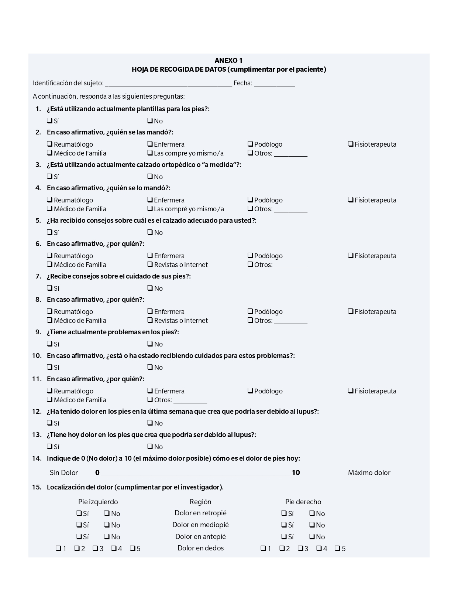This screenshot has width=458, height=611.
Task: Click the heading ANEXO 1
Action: [x=228, y=61]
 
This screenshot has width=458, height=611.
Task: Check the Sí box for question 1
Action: [x=49, y=120]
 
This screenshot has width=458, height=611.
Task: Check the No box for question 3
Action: [x=150, y=176]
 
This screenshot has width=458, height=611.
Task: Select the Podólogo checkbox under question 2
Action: [x=250, y=144]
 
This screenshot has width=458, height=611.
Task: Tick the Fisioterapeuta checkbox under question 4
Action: [x=351, y=199]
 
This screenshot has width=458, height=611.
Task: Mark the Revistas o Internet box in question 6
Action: [x=150, y=264]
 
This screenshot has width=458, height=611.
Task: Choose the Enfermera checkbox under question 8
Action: [x=150, y=311]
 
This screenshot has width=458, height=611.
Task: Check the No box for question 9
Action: [x=150, y=344]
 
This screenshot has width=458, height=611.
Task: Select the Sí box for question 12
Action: [x=49, y=423]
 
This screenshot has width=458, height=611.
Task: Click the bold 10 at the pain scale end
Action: [x=296, y=472]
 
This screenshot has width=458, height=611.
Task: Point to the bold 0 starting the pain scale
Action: [x=97, y=472]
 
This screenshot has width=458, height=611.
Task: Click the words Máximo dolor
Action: [x=369, y=472]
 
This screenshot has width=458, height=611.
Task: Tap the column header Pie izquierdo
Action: [x=98, y=502]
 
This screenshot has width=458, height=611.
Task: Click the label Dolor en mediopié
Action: [x=200, y=525]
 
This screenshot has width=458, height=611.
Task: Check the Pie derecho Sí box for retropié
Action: [x=284, y=513]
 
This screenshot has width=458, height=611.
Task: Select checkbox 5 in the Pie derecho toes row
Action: [x=337, y=548]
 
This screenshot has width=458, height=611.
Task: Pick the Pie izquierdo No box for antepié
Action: [x=107, y=536]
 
